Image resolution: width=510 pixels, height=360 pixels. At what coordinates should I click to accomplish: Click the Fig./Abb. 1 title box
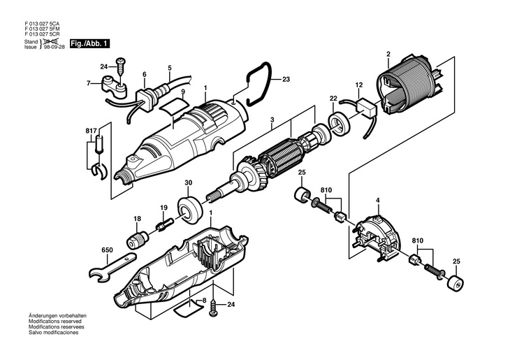click(x=89, y=44)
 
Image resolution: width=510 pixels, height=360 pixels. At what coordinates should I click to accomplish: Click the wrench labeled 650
click(x=112, y=267)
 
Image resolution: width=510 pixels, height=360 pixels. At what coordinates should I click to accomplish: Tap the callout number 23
click(x=286, y=79)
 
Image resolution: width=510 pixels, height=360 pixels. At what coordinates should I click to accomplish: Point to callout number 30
click(x=189, y=183)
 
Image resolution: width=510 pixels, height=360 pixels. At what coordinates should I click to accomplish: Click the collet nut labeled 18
click(x=137, y=239)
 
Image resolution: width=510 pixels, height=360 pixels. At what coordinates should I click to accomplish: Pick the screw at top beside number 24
click(x=121, y=67)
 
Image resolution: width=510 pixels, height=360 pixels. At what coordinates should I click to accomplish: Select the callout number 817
click(x=91, y=131)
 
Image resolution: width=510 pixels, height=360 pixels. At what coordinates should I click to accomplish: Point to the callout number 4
click(x=378, y=201)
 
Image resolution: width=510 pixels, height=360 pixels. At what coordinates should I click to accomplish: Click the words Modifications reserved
click(x=55, y=322)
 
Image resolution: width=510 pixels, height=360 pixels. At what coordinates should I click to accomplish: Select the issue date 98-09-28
click(x=54, y=47)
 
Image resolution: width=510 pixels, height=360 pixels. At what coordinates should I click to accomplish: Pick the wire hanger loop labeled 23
click(x=258, y=84)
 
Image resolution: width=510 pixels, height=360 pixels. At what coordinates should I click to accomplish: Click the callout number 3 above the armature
click(x=272, y=120)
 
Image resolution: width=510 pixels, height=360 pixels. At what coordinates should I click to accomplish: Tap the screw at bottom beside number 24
click(x=213, y=307)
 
